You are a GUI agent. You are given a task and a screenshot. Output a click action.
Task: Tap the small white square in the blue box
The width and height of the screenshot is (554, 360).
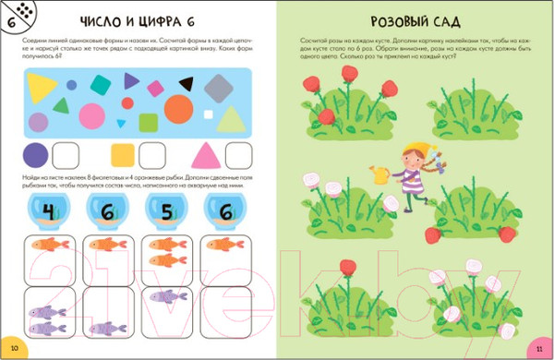(148, 120)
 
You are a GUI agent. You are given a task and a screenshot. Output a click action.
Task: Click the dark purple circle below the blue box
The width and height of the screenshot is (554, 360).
(36, 154)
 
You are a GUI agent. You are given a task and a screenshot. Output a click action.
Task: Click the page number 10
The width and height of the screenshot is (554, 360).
(13, 347)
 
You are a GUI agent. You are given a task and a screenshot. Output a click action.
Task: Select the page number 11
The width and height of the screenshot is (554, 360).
(539, 347)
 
